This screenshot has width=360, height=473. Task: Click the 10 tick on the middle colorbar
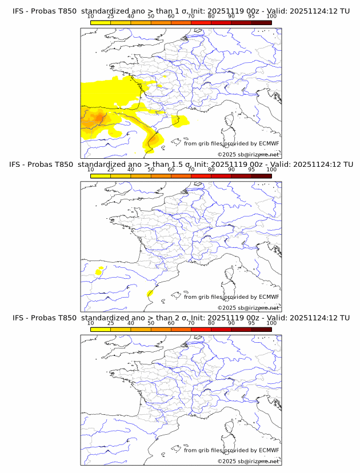(91, 170)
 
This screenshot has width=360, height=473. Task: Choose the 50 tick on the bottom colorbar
(151, 323)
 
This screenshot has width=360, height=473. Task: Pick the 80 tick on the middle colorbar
(211, 170)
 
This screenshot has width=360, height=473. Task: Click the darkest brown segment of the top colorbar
(261, 22)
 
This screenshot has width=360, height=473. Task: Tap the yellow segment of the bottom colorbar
(101, 329)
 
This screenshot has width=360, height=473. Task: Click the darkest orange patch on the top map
(97, 118)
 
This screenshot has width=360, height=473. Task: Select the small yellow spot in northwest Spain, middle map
(99, 272)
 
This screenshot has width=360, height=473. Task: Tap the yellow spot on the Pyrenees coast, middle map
(150, 293)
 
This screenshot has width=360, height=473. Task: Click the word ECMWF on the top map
(269, 143)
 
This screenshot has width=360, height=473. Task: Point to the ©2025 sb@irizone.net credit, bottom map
(248, 461)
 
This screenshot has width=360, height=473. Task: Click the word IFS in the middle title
(18, 165)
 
